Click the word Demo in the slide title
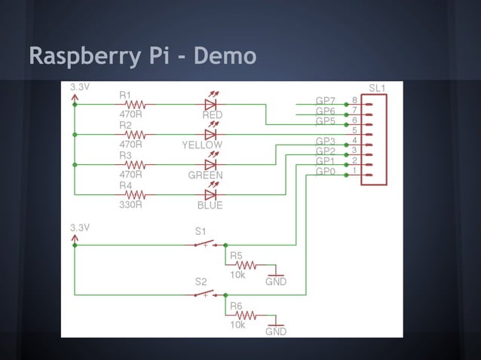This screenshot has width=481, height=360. tap(225, 56)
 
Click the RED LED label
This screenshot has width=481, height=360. tap(212, 115)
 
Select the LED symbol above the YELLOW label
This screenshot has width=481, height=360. tap(210, 133)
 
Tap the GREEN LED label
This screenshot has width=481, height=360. tap(205, 175)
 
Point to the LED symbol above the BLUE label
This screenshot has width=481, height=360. tap(210, 194)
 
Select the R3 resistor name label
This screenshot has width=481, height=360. tap(125, 155)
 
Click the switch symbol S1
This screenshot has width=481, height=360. tap(204, 244)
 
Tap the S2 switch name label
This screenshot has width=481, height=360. tap(201, 282)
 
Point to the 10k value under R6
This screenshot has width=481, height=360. tap(237, 325)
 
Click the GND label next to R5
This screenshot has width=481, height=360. tap(275, 282)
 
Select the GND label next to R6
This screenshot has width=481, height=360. tap(275, 331)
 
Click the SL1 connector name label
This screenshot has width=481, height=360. tap(377, 89)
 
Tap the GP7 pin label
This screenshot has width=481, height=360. tap(325, 102)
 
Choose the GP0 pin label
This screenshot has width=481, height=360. tap(325, 172)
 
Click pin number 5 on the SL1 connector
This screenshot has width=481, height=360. tap(354, 131)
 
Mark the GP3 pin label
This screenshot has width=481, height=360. tap(325, 142)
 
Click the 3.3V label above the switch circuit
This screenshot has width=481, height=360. tap(80, 227)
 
